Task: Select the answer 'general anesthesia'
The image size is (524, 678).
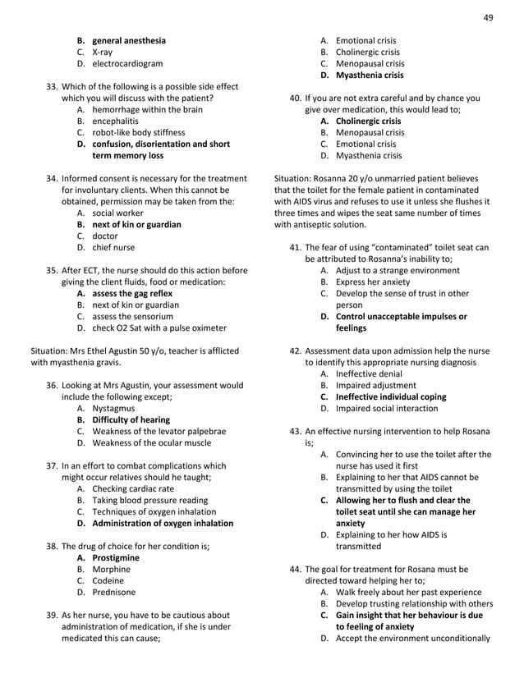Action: click(x=128, y=40)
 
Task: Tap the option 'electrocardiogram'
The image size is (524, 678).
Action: click(x=126, y=63)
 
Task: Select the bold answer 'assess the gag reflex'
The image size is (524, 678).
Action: click(x=132, y=293)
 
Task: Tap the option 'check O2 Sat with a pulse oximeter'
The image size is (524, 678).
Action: click(x=159, y=328)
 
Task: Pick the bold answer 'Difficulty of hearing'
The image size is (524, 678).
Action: click(x=131, y=419)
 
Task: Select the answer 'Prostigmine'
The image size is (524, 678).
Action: click(x=116, y=557)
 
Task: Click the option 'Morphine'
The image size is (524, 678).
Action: click(x=111, y=569)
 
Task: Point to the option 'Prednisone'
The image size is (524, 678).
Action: click(x=114, y=591)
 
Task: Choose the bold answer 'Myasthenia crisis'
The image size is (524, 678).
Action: click(x=370, y=75)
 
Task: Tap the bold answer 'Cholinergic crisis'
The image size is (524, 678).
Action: click(x=369, y=121)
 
